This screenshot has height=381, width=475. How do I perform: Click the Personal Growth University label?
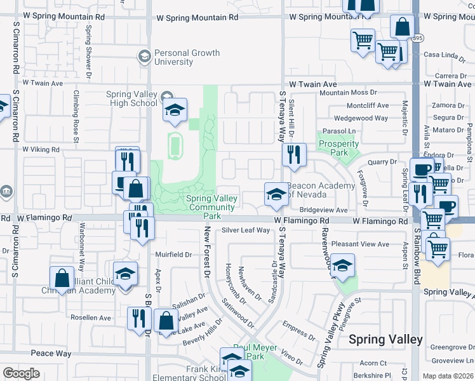tap(180, 58)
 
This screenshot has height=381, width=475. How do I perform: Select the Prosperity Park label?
tap(340, 149)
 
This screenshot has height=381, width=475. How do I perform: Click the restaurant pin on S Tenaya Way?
tap(294, 156)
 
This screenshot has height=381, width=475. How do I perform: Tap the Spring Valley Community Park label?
tap(211, 207)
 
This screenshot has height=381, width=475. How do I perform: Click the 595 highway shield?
tap(416, 37)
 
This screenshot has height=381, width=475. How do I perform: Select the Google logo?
tap(21, 373)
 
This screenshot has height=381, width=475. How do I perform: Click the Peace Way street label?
tap(51, 353)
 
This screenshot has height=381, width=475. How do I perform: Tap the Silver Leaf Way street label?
tap(246, 231)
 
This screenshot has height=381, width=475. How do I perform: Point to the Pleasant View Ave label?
tap(360, 244)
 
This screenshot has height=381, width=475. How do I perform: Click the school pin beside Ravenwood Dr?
tap(342, 266)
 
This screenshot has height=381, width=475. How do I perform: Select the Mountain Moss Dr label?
tap(349, 93)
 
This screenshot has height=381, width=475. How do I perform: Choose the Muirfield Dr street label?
tap(173, 255)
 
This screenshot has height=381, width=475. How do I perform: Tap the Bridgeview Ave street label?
tap(324, 210)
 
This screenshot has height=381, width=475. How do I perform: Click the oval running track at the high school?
tap(175, 145)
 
